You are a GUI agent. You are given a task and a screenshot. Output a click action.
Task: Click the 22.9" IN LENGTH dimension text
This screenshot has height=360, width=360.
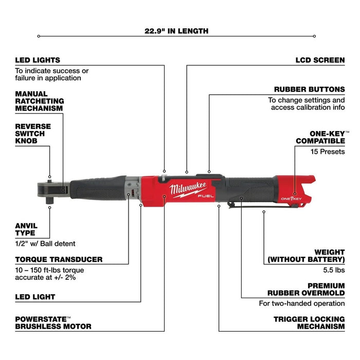coord(176,31)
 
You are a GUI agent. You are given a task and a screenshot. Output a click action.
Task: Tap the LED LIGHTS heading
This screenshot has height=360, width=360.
coord(38,60)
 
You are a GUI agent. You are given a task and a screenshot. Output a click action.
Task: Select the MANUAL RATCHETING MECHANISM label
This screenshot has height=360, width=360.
coord(39,101)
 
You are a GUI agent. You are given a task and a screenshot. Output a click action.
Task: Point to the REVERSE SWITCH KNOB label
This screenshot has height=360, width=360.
coord(33,133)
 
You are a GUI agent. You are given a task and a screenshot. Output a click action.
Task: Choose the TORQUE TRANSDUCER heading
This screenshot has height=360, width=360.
coord(59,259)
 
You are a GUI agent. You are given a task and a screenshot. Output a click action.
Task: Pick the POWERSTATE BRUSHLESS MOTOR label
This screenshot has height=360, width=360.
coord(53,322)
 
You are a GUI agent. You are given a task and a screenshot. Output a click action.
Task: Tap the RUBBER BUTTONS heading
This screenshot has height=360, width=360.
coord(309,89)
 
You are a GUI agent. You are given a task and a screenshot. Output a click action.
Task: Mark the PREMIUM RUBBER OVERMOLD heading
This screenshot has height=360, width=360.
coord(306,289)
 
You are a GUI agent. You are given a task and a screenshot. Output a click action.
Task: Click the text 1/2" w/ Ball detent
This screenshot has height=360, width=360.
coord(46,243)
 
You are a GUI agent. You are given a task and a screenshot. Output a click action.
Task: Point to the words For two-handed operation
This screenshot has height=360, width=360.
coord(301,303)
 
